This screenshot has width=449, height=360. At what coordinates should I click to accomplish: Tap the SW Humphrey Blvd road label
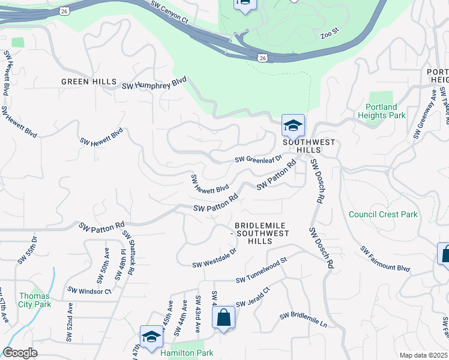(x=154, y=84)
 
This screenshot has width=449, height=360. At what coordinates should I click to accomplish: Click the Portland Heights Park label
(x=382, y=110)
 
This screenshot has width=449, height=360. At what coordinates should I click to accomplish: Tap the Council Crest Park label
(x=383, y=214)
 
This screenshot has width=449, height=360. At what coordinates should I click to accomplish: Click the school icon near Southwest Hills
(x=293, y=127)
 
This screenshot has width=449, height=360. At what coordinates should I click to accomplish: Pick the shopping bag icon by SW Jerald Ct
(x=223, y=317)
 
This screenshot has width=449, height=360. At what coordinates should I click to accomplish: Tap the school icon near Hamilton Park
(x=151, y=338)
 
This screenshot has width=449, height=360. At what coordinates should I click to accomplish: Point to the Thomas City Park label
(x=34, y=300)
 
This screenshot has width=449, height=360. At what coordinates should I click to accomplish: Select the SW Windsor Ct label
(x=89, y=290)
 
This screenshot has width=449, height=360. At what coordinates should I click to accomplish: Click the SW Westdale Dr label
(x=214, y=259)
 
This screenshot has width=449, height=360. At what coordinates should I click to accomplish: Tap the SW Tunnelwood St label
(x=262, y=276)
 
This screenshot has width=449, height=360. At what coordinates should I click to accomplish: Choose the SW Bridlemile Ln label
(x=303, y=320)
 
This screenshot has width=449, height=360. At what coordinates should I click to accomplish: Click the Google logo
(x=20, y=353)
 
